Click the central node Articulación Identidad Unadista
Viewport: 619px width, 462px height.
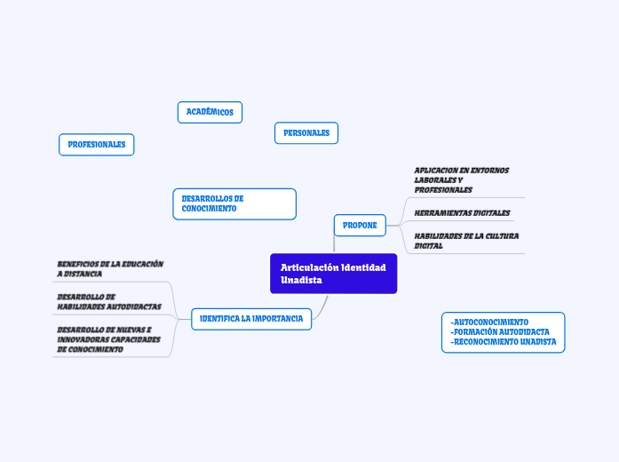(x=333, y=274)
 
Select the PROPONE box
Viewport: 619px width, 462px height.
(x=360, y=226)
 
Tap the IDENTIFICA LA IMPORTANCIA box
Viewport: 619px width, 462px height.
(x=251, y=318)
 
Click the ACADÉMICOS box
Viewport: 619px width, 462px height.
(x=210, y=112)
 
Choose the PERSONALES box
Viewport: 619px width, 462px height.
(x=306, y=133)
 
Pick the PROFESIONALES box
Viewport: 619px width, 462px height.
(x=97, y=144)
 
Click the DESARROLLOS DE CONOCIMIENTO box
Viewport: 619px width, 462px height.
(x=234, y=203)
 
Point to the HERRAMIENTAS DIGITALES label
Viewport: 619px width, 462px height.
(x=462, y=213)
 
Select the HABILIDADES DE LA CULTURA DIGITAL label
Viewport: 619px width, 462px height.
(x=466, y=241)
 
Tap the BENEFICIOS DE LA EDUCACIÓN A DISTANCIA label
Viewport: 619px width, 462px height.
(x=109, y=269)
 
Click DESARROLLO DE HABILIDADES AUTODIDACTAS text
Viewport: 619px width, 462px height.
(x=108, y=301)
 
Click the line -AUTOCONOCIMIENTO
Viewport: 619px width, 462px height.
(x=490, y=322)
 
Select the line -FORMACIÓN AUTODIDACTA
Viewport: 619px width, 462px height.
(x=501, y=331)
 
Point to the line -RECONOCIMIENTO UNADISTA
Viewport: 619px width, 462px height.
(x=504, y=341)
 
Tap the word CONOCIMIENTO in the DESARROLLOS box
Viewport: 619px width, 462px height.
(x=210, y=209)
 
